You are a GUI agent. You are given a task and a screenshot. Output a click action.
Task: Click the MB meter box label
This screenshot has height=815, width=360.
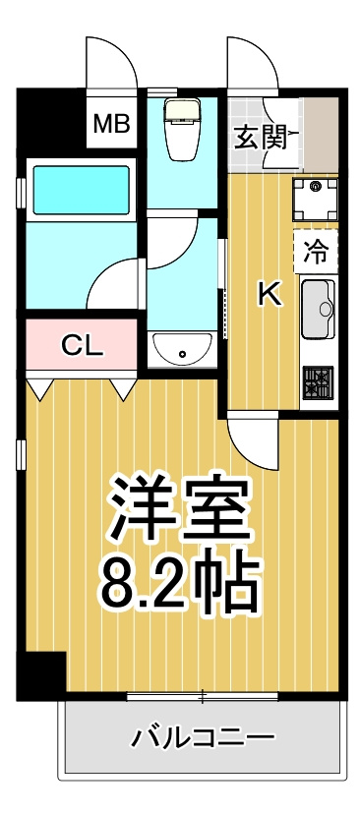[x=111, y=124]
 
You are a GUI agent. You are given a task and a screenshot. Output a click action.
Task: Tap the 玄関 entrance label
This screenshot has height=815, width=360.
[x=260, y=136]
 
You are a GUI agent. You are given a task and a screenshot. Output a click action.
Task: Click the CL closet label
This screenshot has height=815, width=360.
[x=80, y=345]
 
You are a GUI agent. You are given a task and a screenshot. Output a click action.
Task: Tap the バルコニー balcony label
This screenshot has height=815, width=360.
[x=204, y=736]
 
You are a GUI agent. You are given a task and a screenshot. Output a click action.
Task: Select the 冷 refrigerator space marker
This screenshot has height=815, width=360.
[x=315, y=250]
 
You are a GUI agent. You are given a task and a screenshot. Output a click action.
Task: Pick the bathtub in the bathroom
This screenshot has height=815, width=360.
[x=82, y=192]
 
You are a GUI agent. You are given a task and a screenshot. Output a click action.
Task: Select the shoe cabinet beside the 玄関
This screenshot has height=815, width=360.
[x=322, y=133]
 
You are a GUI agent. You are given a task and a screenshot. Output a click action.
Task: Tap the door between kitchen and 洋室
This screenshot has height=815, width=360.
[x=254, y=437]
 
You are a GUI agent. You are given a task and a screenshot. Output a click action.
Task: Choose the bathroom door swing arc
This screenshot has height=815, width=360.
[x=113, y=285]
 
